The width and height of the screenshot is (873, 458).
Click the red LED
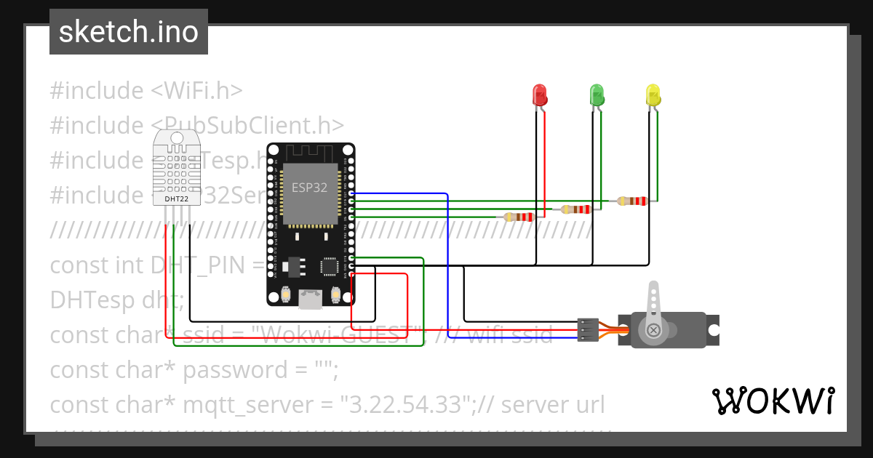539,95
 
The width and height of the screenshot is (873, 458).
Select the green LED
597,95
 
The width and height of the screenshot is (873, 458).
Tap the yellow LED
653,95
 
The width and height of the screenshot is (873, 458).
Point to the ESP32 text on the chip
309,187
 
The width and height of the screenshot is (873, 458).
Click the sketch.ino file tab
129,32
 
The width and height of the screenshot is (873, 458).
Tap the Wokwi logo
773,401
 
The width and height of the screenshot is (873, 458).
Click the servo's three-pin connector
587,329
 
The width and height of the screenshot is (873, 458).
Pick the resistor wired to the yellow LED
631,201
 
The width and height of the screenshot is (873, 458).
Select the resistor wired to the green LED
576,209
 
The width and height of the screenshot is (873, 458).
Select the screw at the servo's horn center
654,331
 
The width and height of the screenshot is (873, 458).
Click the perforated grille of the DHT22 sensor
176,166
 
